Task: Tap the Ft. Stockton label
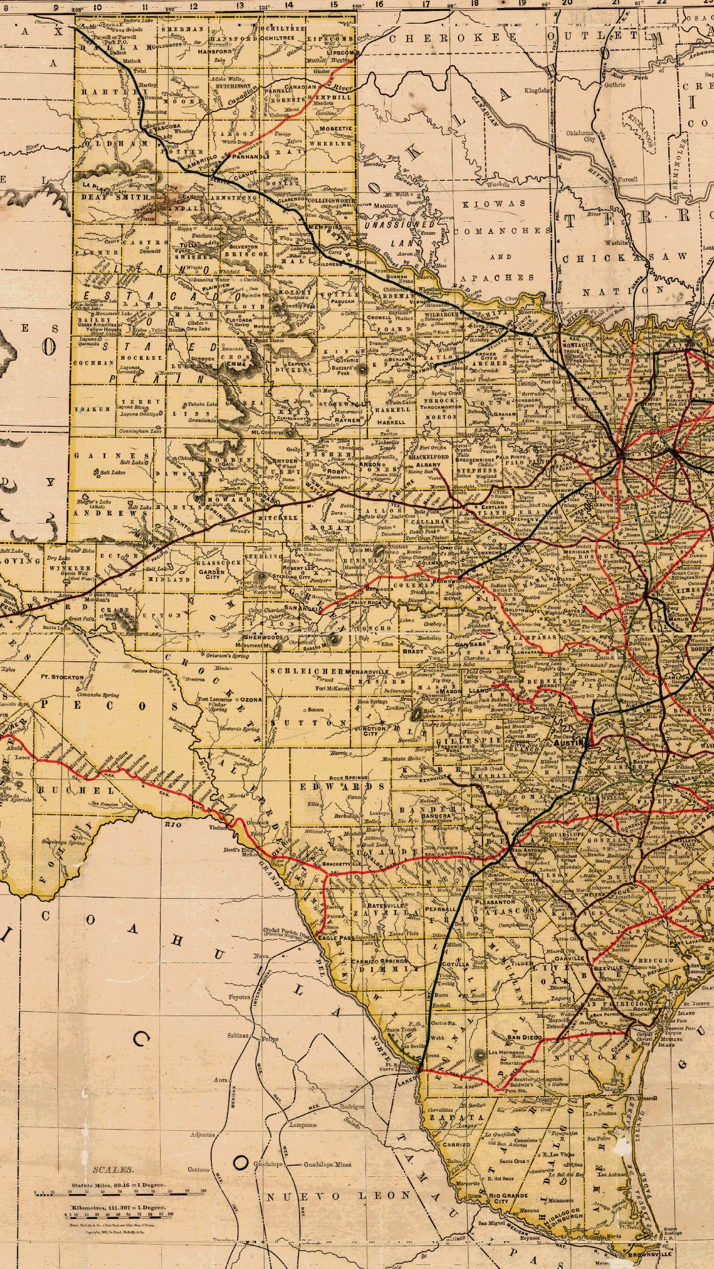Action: click(62, 677)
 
